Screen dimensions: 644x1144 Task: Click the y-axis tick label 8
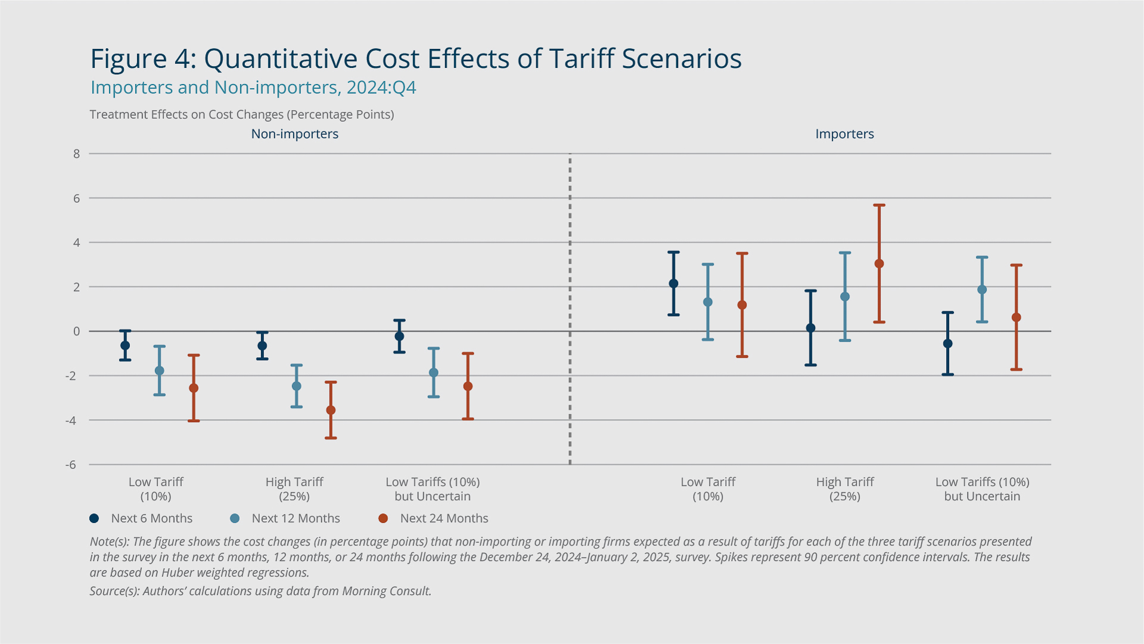76,154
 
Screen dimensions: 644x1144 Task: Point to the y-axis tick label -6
71,465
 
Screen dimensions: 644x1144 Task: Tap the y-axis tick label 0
76,332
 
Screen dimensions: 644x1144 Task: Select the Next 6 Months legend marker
94,519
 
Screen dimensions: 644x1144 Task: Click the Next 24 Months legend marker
383,519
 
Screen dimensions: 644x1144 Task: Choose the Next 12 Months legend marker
235,519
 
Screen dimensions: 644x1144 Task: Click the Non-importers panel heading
294,134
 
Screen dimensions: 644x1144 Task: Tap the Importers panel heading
844,134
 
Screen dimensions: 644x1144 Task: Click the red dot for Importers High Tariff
879,264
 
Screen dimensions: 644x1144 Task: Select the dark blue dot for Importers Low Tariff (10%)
673,284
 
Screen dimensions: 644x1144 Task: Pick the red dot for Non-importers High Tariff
331,410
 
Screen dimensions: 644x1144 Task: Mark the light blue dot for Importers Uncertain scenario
982,290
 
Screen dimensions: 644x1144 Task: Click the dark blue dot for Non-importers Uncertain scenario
399,336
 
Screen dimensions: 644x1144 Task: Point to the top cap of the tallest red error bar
879,205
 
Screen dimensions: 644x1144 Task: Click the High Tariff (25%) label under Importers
844,489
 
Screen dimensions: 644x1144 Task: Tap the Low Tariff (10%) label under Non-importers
156,489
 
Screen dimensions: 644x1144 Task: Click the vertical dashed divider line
570,310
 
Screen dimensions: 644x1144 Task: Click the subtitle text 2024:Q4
381,88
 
